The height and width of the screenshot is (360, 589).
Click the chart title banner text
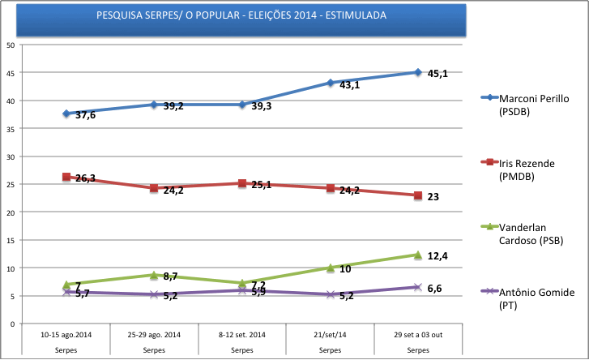tap(241, 15)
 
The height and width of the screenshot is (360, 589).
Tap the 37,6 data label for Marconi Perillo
tap(86, 116)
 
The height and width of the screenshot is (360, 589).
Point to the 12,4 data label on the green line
tap(437, 256)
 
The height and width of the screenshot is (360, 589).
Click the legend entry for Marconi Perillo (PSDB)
tap(534, 104)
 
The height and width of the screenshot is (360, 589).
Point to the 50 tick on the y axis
tap(11, 45)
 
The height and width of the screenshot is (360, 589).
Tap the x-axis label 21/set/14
tap(331, 334)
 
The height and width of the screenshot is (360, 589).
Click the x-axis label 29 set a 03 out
tap(417, 334)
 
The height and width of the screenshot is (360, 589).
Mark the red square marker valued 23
tap(417, 195)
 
